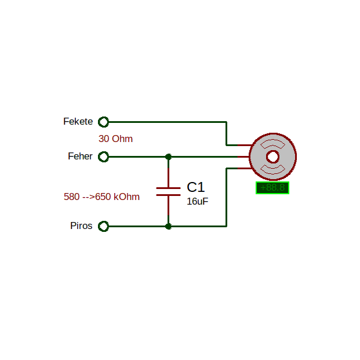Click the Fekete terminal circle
[x=104, y=122]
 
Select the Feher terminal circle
[x=104, y=157]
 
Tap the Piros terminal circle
[x=104, y=226]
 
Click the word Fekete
[x=78, y=122]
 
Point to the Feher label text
[x=80, y=156]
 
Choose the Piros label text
[x=81, y=226]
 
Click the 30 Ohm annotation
[x=115, y=139]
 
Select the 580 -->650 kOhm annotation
[x=101, y=197]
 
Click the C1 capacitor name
[x=195, y=187]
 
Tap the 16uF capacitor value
[x=198, y=201]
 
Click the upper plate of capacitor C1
[x=168, y=188]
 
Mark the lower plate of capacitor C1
[x=168, y=195]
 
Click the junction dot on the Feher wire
[x=168, y=157]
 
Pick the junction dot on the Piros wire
[x=168, y=227]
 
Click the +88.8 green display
[x=272, y=188]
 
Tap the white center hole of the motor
[x=273, y=157]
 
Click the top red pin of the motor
[x=245, y=145]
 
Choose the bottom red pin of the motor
[x=245, y=169]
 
